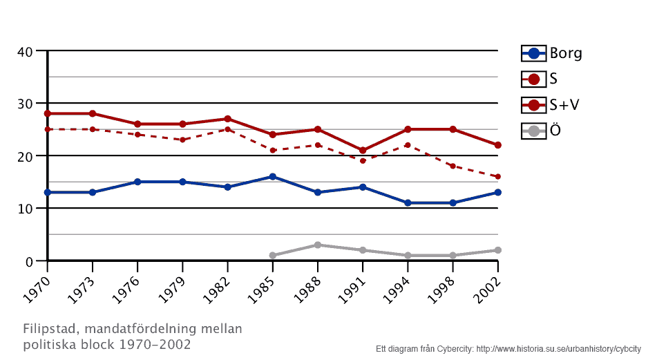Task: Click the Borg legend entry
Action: click(x=552, y=53)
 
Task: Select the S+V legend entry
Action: click(x=552, y=105)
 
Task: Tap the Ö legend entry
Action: click(x=542, y=131)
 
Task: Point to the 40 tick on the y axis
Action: click(x=25, y=51)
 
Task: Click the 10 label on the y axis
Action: click(x=25, y=209)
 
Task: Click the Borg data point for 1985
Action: click(x=273, y=177)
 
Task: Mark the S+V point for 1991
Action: click(x=363, y=151)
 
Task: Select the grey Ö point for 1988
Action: click(x=318, y=245)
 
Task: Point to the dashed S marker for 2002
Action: click(x=498, y=177)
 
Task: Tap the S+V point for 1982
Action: click(x=227, y=119)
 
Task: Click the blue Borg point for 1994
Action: click(x=408, y=203)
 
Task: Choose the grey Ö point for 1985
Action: click(x=273, y=256)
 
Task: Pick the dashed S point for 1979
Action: click(x=182, y=140)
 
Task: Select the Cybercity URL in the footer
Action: click(x=559, y=349)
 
